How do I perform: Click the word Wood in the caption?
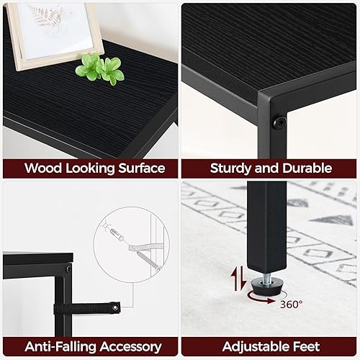42,168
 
